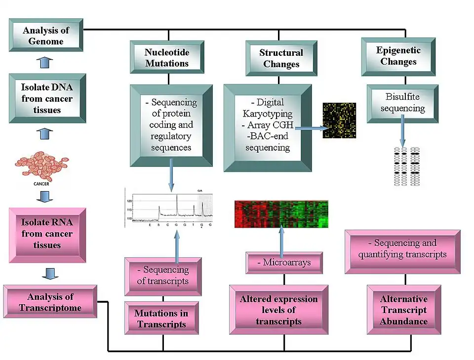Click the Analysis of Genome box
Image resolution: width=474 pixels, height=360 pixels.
click(46, 36)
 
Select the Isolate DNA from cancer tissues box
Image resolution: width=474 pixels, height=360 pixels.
click(46, 99)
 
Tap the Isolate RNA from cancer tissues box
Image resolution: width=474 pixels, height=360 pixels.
click(47, 234)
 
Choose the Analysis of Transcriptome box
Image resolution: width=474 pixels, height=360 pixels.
click(50, 302)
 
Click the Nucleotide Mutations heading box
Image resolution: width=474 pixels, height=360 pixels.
click(166, 57)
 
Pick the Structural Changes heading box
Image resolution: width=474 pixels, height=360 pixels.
click(281, 58)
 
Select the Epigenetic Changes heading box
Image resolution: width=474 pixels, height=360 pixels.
click(398, 56)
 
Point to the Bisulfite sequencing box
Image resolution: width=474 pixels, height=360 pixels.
click(402, 103)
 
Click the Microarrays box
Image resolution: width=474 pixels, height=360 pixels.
click(284, 262)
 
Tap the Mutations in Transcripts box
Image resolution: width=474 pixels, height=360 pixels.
click(161, 319)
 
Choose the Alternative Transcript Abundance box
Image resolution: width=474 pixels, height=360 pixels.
click(403, 310)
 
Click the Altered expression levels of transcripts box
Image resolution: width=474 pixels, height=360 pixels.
click(278, 310)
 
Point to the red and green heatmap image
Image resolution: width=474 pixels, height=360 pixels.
click(281, 214)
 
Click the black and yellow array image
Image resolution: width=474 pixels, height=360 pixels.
click(339, 120)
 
